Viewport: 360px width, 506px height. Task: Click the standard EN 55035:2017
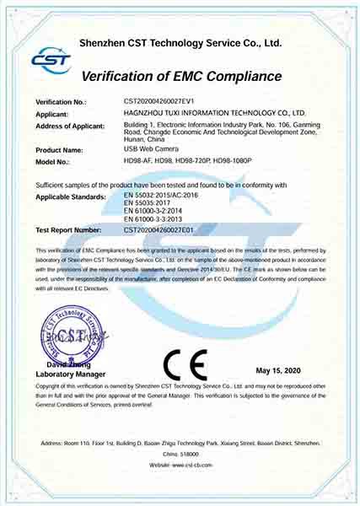pyautogui.click(x=149, y=203)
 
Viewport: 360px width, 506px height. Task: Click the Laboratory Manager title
pyautogui.click(x=71, y=373)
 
